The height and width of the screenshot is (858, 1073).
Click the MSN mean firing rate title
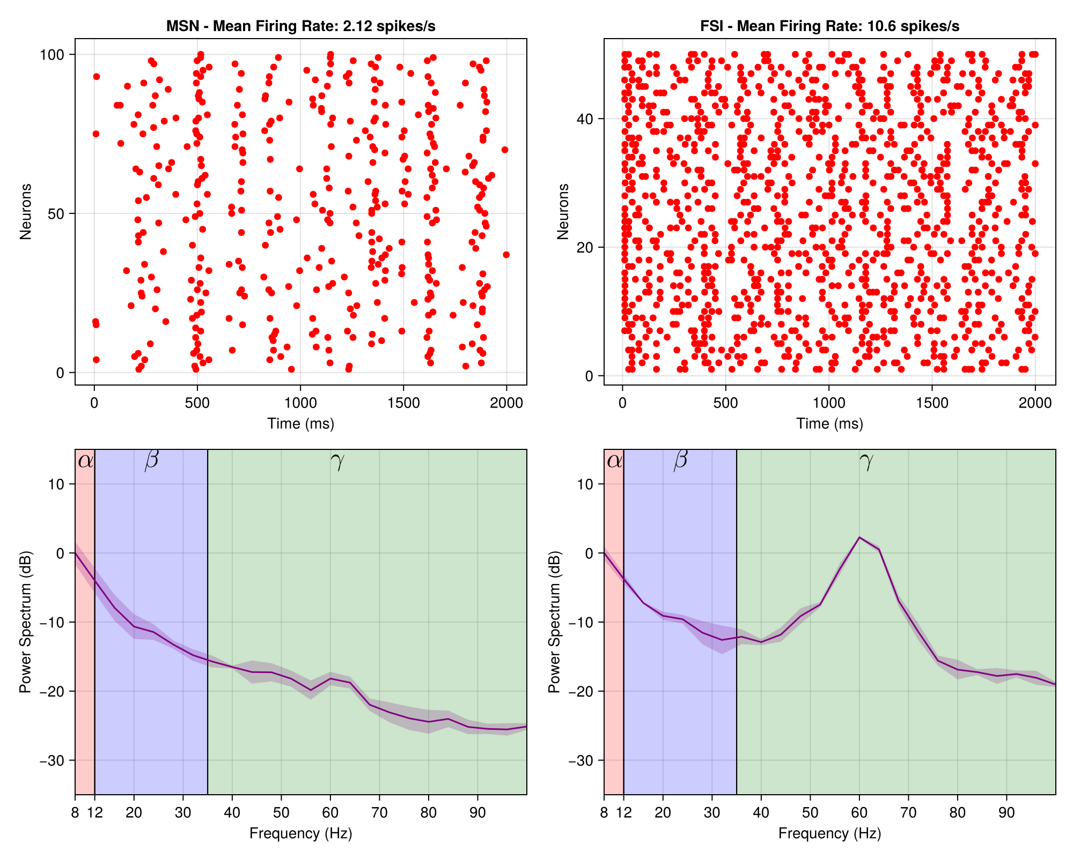[x=300, y=26]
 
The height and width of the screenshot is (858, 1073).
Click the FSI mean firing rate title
[x=829, y=26]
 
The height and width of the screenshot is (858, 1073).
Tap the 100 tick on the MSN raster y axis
[x=52, y=55]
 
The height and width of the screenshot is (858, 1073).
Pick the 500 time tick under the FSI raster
[x=725, y=403]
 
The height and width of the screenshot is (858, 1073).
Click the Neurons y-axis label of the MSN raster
[x=25, y=211]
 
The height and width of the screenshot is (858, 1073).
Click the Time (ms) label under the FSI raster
[x=829, y=424]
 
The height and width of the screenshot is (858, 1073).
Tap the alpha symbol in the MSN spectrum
[x=85, y=461]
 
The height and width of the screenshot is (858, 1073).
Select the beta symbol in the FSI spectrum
[x=680, y=460]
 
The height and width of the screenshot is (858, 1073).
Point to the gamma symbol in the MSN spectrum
[x=337, y=461]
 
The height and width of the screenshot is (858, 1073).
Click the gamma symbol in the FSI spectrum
[x=866, y=461]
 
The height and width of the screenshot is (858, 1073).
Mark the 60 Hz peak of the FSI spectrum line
[x=859, y=537]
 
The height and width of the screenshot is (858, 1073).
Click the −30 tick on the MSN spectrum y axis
[x=52, y=760]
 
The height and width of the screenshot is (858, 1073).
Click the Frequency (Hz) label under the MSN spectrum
[x=300, y=833]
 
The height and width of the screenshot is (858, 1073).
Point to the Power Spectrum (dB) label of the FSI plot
[x=554, y=622]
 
